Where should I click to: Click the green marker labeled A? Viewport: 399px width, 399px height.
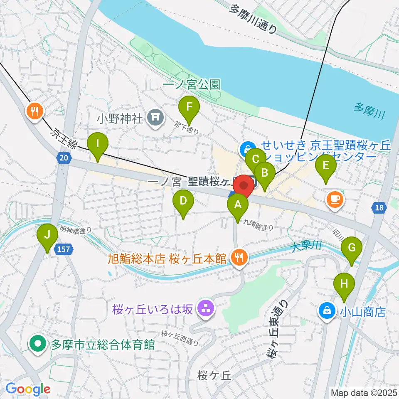click(x=238, y=204)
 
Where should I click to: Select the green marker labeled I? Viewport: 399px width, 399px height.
click(x=98, y=144)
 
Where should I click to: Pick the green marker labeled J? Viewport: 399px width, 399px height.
click(x=48, y=235)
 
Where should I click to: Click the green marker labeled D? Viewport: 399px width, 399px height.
click(x=183, y=201)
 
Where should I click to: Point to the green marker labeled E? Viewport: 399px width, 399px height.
click(x=326, y=166)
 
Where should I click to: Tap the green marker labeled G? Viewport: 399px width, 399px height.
click(x=352, y=248)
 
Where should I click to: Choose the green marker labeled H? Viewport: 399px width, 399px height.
click(x=344, y=284)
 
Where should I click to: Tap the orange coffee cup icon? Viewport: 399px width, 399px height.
click(x=335, y=199)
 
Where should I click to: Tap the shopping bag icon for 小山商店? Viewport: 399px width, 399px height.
click(x=328, y=311)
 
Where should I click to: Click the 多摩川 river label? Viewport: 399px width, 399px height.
click(x=369, y=111)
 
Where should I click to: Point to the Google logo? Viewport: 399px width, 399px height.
click(x=28, y=389)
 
